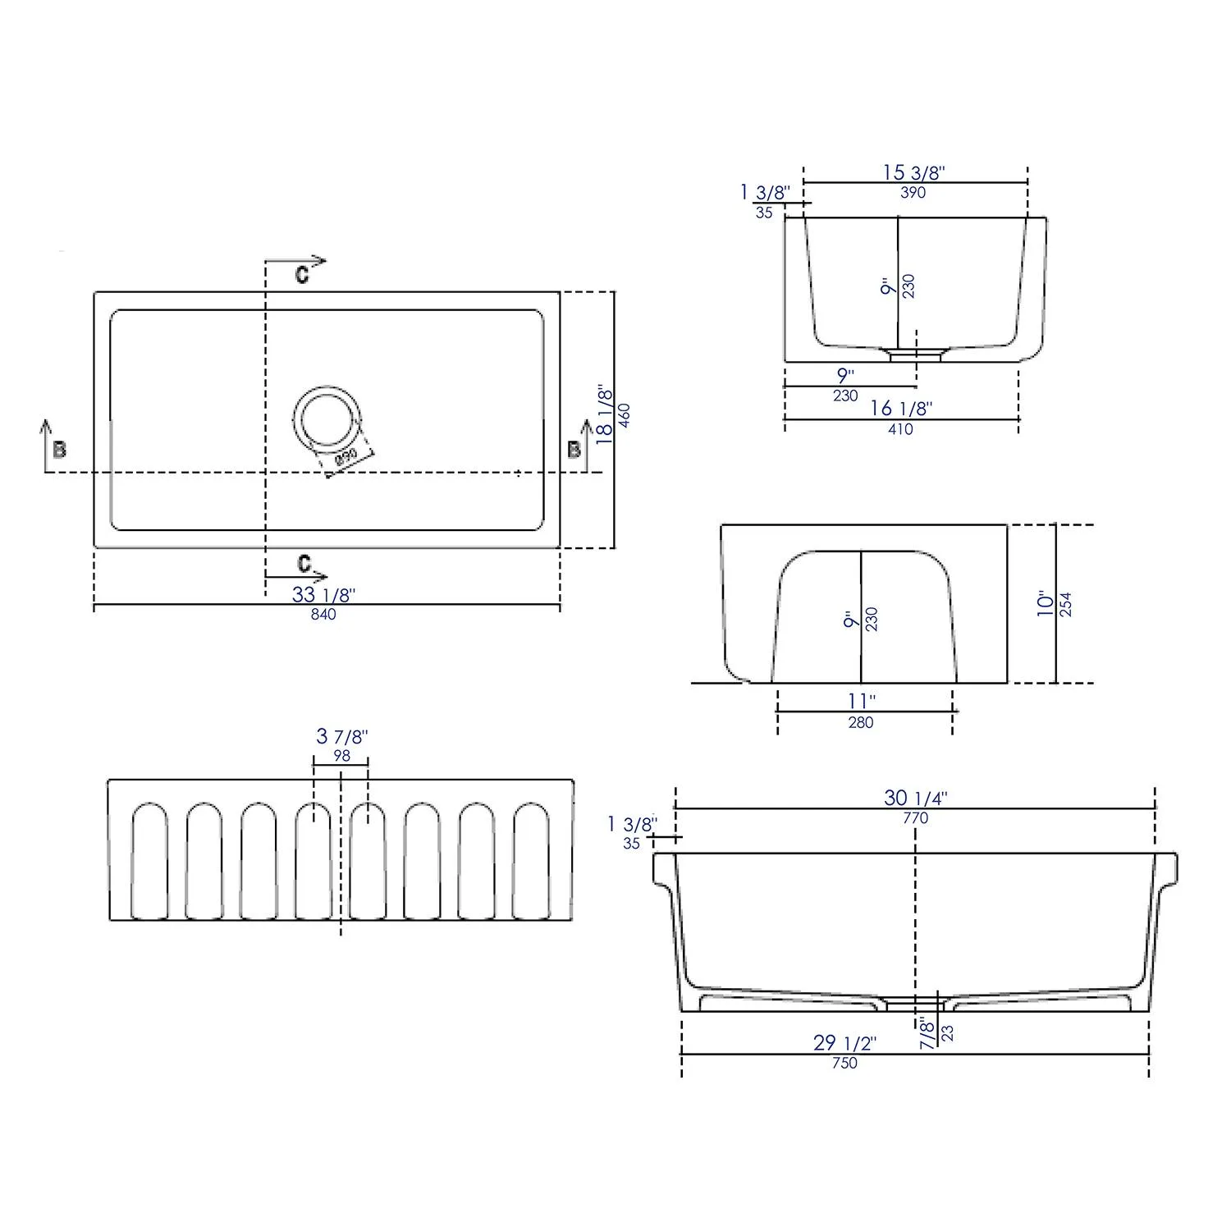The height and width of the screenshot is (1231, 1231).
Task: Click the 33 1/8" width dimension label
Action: click(323, 594)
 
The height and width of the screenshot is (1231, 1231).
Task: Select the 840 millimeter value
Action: click(323, 615)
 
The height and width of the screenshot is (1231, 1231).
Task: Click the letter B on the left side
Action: click(59, 450)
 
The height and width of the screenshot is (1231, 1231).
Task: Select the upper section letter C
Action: click(302, 275)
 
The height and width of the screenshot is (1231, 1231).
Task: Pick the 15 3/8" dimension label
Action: click(914, 172)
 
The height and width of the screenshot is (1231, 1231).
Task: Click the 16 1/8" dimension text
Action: click(901, 408)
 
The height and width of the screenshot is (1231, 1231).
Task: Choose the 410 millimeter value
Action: click(900, 428)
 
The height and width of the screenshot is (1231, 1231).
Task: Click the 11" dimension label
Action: click(861, 702)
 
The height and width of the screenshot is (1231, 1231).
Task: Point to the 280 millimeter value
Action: click(861, 723)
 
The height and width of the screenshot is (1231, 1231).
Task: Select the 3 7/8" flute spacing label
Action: click(342, 737)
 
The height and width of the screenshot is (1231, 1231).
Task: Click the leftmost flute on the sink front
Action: click(150, 861)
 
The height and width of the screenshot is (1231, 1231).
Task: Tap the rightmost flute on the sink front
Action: click(531, 861)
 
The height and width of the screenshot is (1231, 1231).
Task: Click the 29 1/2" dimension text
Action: click(844, 1043)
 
